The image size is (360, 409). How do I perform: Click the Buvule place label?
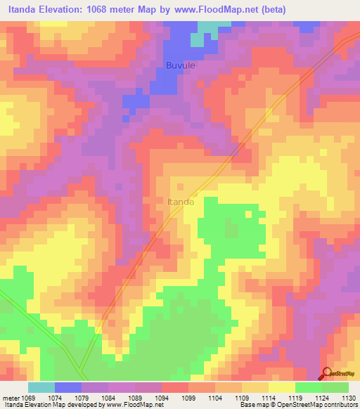[181, 65]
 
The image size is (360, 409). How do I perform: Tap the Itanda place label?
[181, 202]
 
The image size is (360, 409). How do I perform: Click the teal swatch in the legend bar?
[41, 387]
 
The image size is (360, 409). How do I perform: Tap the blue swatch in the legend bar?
[68, 387]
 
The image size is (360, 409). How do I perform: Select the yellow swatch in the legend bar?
[282, 387]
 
